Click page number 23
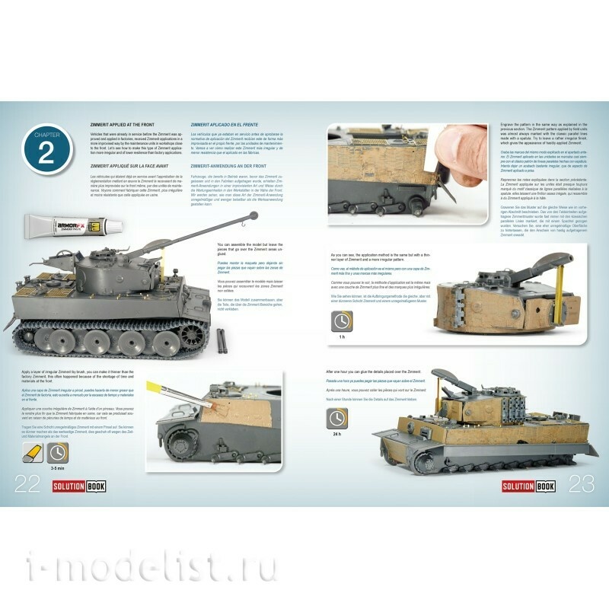582,483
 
